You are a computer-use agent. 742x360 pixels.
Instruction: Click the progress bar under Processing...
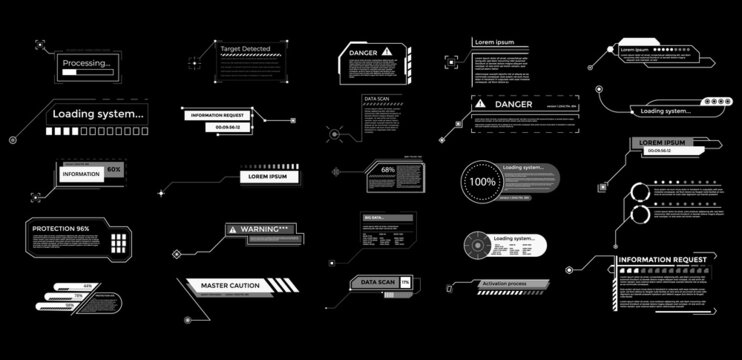(86, 72)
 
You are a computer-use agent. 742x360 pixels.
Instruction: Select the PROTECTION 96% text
(60, 229)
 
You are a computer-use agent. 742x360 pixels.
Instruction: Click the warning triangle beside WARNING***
(233, 229)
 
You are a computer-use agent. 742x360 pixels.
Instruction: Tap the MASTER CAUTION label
(230, 286)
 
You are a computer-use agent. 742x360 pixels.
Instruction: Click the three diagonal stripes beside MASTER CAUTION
(285, 286)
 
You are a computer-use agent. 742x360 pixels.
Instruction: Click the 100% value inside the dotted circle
(484, 184)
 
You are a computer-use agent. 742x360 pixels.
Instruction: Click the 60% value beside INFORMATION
(114, 170)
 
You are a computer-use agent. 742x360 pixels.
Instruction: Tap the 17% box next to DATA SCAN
(404, 284)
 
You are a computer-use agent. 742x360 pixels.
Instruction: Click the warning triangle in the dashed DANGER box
(481, 103)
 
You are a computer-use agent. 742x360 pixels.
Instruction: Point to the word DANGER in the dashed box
(514, 103)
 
